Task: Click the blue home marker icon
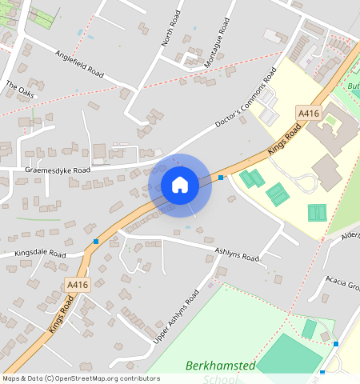[x=180, y=185]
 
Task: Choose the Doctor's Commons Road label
[x=249, y=102]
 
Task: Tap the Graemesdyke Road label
[x=58, y=170]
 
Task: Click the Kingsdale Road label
[x=40, y=254]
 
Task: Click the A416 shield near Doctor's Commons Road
[x=308, y=113]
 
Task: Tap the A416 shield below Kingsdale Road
[x=78, y=285]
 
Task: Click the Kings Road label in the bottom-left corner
[x=61, y=314]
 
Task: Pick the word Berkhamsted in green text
[x=220, y=366]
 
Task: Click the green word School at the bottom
[x=222, y=379]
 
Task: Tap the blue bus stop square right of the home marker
[x=221, y=177]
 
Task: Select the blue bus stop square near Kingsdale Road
[x=96, y=241]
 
